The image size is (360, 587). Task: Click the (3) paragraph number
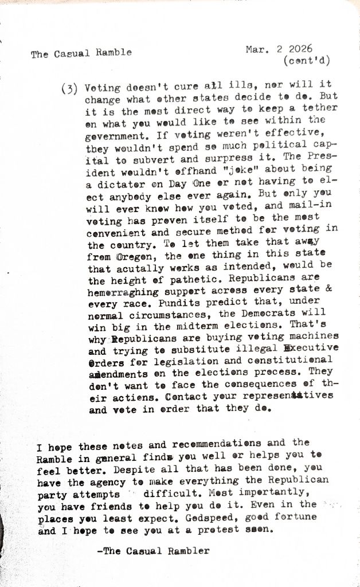tap(69, 89)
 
